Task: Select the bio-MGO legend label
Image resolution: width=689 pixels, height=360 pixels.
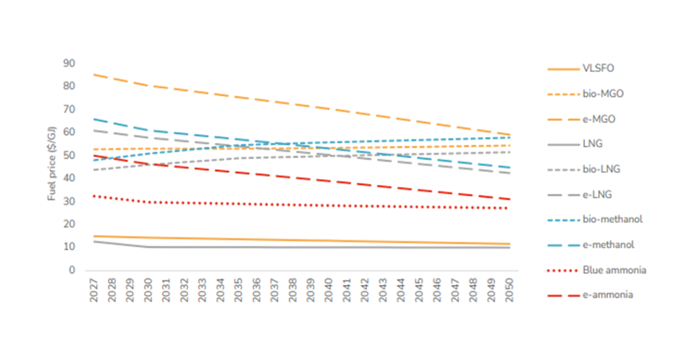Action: [x=599, y=94]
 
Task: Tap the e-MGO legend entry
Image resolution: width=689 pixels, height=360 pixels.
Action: [x=597, y=119]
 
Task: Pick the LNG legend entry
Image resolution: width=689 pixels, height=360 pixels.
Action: [x=592, y=144]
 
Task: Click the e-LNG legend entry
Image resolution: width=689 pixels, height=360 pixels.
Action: [x=597, y=194]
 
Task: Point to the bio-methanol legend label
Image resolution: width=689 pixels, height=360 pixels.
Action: [x=612, y=219]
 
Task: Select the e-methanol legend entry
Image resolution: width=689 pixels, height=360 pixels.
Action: [x=609, y=245]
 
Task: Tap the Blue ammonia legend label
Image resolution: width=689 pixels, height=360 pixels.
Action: [x=614, y=270]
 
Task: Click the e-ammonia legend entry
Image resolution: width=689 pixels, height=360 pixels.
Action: [x=607, y=295]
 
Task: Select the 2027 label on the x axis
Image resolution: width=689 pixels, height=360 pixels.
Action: [x=94, y=291]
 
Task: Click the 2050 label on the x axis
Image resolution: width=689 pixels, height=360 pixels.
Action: [x=509, y=291]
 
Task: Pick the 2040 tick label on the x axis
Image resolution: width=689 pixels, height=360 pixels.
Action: [x=329, y=291]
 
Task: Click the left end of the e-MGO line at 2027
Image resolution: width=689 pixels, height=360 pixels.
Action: [x=94, y=75]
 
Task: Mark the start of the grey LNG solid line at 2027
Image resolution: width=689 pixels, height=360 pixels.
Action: [x=94, y=241]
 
